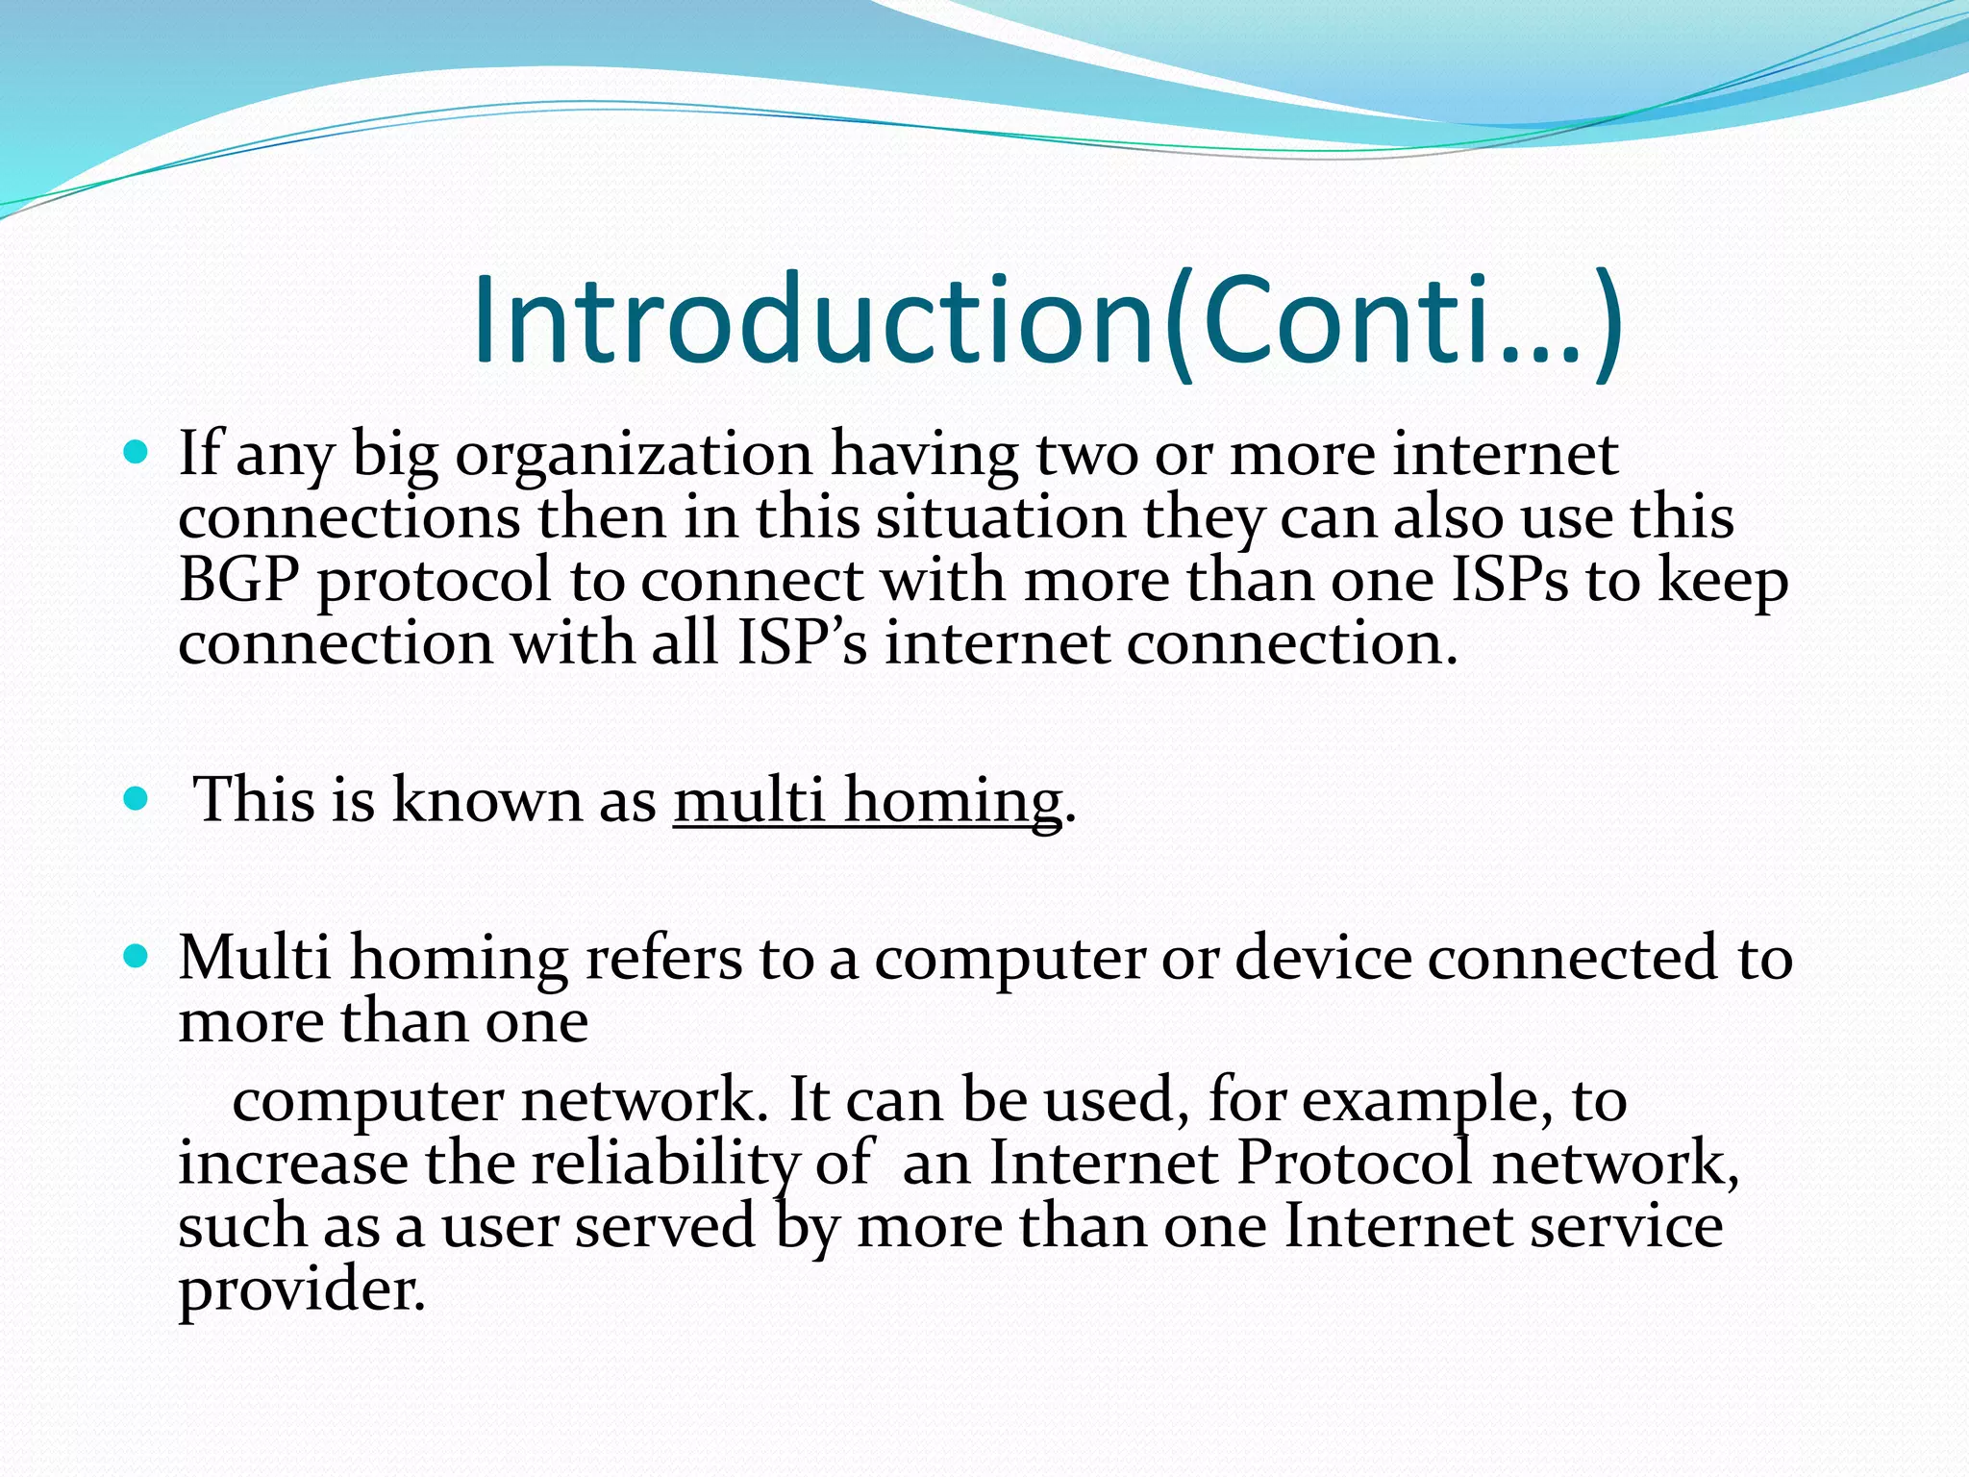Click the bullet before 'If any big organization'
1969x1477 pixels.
tap(137, 450)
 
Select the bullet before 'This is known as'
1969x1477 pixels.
tap(137, 797)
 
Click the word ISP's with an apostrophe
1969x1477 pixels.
tap(802, 642)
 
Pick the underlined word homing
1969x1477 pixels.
tap(952, 800)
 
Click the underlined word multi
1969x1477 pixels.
tap(749, 800)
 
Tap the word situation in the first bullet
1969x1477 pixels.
tap(1000, 517)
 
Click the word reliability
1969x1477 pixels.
tap(663, 1164)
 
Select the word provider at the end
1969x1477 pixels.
tap(300, 1290)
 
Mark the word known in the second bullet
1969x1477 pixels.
tap(486, 800)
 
